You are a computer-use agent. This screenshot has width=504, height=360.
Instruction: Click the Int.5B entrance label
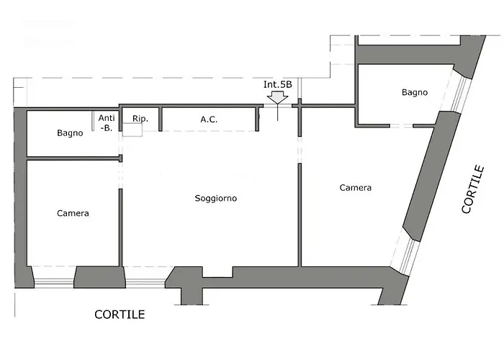point(278,84)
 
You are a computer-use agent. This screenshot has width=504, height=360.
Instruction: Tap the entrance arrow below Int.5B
point(278,98)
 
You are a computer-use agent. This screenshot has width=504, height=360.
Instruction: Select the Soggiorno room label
point(216,198)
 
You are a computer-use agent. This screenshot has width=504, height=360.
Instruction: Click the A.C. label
point(209,120)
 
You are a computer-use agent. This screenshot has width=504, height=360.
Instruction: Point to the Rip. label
point(140,119)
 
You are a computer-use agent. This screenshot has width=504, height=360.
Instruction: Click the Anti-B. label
point(107,123)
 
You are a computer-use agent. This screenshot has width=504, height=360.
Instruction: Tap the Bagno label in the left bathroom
point(70,133)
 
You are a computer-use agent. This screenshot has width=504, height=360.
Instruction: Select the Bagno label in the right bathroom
point(415,93)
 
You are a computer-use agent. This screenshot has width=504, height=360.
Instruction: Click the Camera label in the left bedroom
point(73,213)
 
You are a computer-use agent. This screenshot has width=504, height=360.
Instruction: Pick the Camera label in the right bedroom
point(356,187)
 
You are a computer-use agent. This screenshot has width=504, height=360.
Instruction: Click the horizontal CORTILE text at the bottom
point(120,315)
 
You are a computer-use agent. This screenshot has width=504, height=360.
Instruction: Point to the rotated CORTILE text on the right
point(473,189)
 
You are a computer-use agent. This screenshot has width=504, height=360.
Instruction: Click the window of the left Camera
point(54,283)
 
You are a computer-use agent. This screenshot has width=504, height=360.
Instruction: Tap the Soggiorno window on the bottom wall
point(145,283)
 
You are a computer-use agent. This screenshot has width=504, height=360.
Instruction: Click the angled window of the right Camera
point(405,251)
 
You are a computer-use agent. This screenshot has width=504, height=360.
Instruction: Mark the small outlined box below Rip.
point(132,130)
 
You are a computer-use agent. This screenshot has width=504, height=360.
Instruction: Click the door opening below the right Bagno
point(402,126)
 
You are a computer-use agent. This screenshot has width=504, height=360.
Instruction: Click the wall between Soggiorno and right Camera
point(300,215)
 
